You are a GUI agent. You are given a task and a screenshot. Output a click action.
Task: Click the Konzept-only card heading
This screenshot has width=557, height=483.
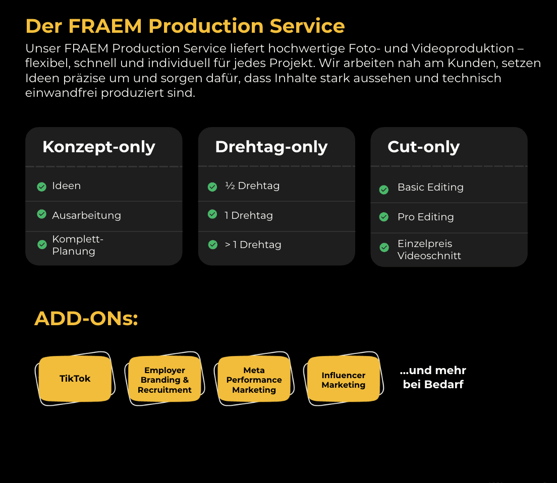(99, 147)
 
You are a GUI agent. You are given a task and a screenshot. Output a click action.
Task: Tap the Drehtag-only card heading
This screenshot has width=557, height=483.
(271, 147)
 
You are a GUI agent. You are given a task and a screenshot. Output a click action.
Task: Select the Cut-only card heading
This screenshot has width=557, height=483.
(423, 147)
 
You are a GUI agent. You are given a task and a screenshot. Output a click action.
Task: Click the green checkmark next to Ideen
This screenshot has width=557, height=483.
(42, 187)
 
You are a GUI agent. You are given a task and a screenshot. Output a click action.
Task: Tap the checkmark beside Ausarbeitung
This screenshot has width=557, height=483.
(42, 214)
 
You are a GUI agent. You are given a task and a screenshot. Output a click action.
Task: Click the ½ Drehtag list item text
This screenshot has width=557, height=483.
(252, 186)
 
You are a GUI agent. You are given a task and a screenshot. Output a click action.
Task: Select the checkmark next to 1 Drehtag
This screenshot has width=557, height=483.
(212, 214)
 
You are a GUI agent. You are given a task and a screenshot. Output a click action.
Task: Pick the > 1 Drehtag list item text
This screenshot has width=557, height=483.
(253, 245)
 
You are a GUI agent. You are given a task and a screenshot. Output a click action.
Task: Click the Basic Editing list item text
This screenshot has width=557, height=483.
(430, 187)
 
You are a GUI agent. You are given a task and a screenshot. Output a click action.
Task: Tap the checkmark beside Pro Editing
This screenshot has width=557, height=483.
(384, 217)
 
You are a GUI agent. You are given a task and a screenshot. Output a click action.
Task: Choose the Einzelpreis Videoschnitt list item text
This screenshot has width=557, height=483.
(429, 250)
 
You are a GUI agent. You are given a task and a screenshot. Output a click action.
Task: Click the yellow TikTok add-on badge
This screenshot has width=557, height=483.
(75, 379)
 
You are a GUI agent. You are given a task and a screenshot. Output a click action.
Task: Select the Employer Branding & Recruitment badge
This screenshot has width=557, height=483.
(164, 380)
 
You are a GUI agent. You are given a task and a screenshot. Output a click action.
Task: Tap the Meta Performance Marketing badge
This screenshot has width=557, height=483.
(254, 380)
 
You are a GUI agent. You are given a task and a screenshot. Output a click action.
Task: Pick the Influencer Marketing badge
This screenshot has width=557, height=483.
(343, 380)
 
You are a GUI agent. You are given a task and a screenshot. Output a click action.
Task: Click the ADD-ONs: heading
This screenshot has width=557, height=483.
(86, 319)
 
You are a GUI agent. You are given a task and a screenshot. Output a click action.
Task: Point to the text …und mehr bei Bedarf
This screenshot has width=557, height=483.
(433, 378)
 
